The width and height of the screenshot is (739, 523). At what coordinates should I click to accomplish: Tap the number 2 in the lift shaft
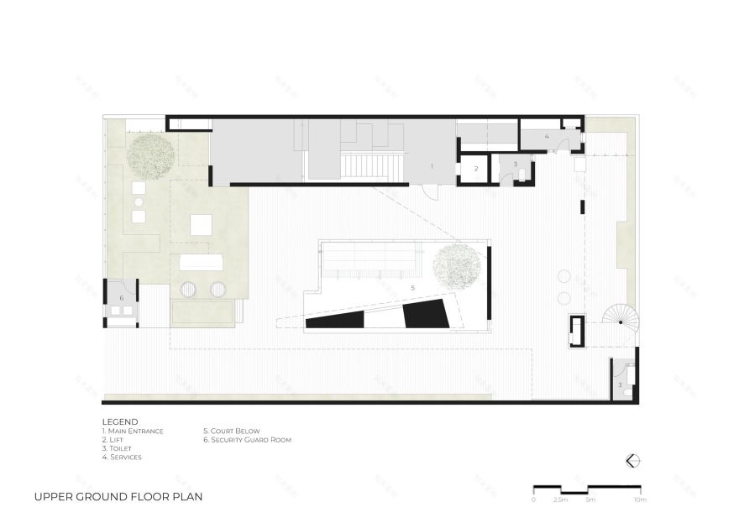tap(476, 168)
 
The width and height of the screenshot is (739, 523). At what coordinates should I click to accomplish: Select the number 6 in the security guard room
tap(121, 298)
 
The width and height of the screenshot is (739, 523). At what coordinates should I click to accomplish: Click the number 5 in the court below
tap(412, 287)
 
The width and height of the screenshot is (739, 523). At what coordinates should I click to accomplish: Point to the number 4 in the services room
tap(547, 135)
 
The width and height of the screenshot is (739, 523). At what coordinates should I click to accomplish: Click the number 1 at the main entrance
tap(432, 166)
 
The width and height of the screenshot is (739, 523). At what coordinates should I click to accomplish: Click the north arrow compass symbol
tap(632, 460)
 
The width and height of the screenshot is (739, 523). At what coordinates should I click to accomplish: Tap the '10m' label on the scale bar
tap(640, 499)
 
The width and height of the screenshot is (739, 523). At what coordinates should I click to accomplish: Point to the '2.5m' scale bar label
tap(560, 499)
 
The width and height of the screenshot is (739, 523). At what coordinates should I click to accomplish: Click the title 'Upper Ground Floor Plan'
tap(118, 496)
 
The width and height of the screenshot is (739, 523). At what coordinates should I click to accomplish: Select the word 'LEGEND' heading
tap(120, 421)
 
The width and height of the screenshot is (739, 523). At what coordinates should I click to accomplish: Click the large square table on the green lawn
tap(202, 226)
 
